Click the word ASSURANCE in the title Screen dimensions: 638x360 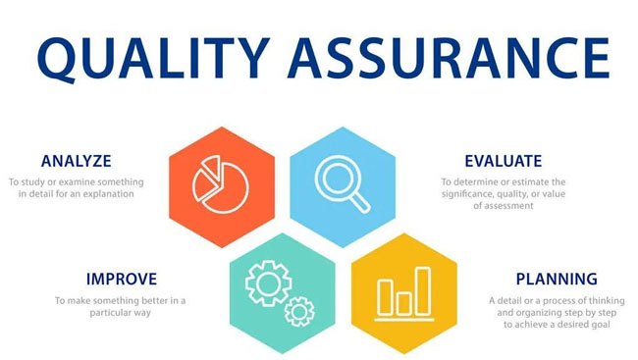pyautogui.click(x=449, y=58)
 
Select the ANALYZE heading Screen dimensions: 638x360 pyautogui.click(x=77, y=161)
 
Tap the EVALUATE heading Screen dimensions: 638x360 pyautogui.click(x=504, y=161)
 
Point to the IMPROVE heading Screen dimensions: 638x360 pyautogui.click(x=122, y=279)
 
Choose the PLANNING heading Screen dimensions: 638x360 pyautogui.click(x=557, y=279)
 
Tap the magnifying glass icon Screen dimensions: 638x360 pyautogui.click(x=343, y=183)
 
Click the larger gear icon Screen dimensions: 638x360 pyautogui.click(x=269, y=283)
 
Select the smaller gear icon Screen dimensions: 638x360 pyautogui.click(x=299, y=312)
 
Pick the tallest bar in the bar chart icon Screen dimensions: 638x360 pyautogui.click(x=423, y=291)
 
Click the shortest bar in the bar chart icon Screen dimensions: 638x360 pyautogui.click(x=403, y=303)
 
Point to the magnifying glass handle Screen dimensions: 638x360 pyautogui.click(x=359, y=202)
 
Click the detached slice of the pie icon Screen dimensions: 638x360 pyautogui.click(x=210, y=169)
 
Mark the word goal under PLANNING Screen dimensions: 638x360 pyautogui.click(x=601, y=325)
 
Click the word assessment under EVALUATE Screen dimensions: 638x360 pyautogui.click(x=508, y=206)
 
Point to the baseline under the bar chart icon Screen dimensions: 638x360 pyautogui.click(x=404, y=320)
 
